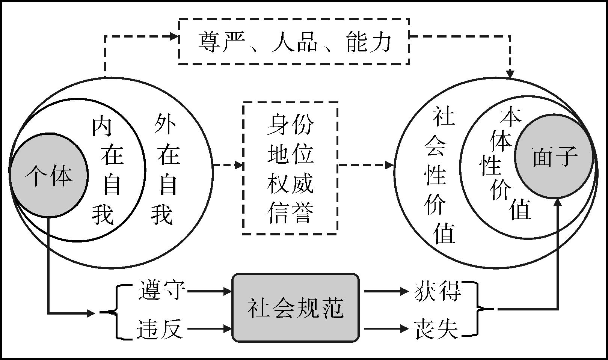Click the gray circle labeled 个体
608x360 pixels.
coord(48,175)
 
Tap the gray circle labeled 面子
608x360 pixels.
coord(554,156)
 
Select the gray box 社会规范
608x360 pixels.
coord(296,308)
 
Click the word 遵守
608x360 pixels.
coord(161,290)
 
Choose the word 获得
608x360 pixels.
coord(438,291)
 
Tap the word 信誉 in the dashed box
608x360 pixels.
coord(290,213)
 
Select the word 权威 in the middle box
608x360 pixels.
coord(290,184)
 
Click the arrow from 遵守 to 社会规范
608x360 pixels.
coord(210,291)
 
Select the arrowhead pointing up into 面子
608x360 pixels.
coord(558,202)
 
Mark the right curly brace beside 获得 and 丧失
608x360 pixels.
coord(479,309)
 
